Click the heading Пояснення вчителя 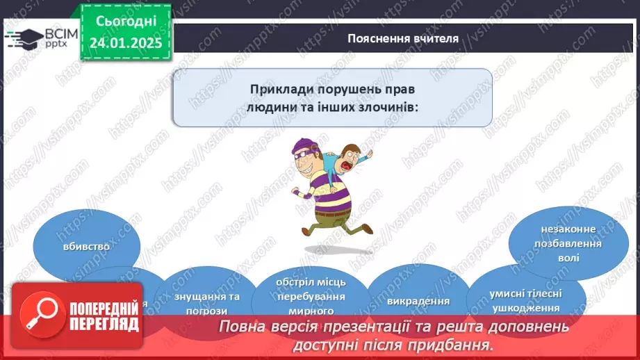tap(403, 38)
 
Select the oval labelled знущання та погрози tap(197, 301)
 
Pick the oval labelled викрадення tap(410, 300)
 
